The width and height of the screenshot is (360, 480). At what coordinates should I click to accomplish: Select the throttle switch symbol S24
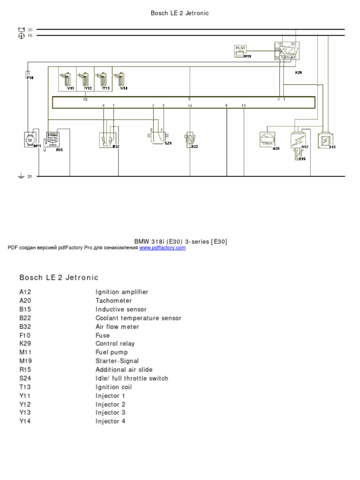[157, 136]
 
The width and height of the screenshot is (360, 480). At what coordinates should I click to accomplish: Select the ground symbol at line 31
[21, 177]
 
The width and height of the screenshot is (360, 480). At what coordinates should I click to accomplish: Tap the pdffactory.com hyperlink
[162, 247]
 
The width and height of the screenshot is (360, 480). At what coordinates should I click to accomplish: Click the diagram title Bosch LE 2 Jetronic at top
[180, 13]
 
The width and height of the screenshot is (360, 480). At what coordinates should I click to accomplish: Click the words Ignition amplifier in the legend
[122, 292]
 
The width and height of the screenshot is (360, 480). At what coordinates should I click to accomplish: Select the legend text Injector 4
[111, 421]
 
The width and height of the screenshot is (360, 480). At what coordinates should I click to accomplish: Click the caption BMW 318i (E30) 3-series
[180, 241]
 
